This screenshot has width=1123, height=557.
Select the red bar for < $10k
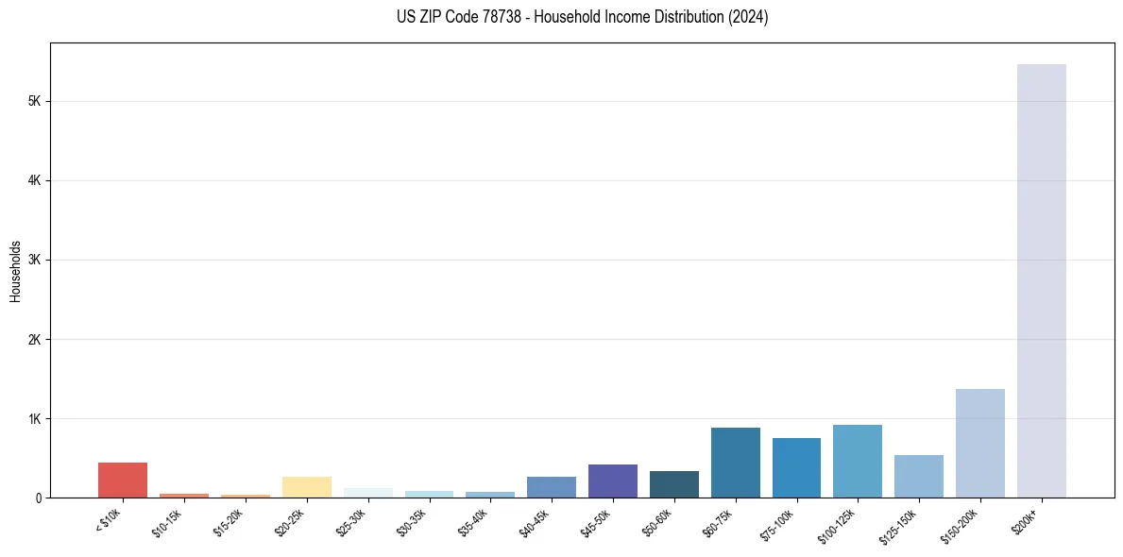click(x=123, y=480)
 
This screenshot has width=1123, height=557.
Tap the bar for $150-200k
click(x=979, y=443)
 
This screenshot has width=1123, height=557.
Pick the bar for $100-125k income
click(x=857, y=461)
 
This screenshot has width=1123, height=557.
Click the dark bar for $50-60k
click(x=673, y=484)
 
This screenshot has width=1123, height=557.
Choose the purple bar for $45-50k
click(x=612, y=481)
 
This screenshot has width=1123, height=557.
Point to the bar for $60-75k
click(x=735, y=463)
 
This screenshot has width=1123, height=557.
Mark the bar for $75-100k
click(x=796, y=467)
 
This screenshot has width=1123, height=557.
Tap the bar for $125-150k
click(x=918, y=476)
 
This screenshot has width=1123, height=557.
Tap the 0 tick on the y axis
click(x=38, y=498)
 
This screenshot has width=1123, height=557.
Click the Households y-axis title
click(x=15, y=271)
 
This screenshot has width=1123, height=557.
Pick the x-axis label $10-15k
click(x=168, y=522)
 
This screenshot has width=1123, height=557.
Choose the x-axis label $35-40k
click(x=474, y=522)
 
